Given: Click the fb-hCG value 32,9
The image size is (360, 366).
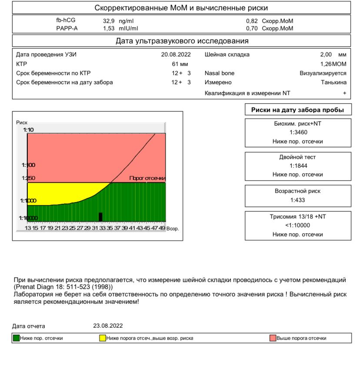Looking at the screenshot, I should [x=109, y=21].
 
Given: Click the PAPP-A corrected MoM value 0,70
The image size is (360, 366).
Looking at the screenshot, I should [x=252, y=28].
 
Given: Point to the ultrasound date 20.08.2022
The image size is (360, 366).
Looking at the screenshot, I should [x=176, y=55].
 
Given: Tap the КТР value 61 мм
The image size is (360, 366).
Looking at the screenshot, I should [x=180, y=64].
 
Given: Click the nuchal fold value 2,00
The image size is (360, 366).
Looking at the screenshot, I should [x=326, y=55].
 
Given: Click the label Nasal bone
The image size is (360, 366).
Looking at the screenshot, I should [x=220, y=73].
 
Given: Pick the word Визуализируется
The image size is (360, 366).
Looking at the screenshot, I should [x=323, y=73].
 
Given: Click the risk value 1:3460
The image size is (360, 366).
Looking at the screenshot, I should [x=298, y=132].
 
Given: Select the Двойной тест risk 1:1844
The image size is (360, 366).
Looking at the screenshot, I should [x=298, y=166].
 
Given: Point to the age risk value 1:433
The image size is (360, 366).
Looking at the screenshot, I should [x=298, y=200].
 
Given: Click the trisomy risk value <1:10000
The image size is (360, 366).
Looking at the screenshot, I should [x=298, y=225].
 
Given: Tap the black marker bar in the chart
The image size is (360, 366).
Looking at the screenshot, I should [x=100, y=217].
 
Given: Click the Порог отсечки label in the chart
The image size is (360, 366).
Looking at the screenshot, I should [x=147, y=179].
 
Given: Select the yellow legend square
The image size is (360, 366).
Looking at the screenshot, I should [x=103, y=338].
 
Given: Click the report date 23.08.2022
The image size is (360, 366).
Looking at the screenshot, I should [x=108, y=326].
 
